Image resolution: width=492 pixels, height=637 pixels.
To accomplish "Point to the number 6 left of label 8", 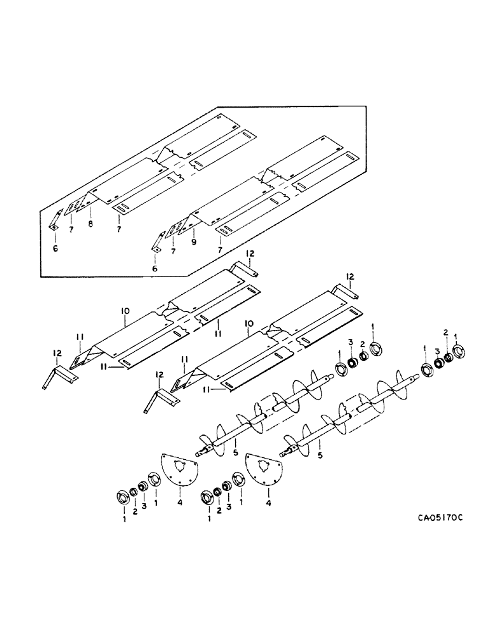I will coord(55,248).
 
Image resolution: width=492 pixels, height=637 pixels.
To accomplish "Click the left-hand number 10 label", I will coord(125,310).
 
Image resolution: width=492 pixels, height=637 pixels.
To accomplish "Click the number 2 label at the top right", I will coord(447,332).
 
